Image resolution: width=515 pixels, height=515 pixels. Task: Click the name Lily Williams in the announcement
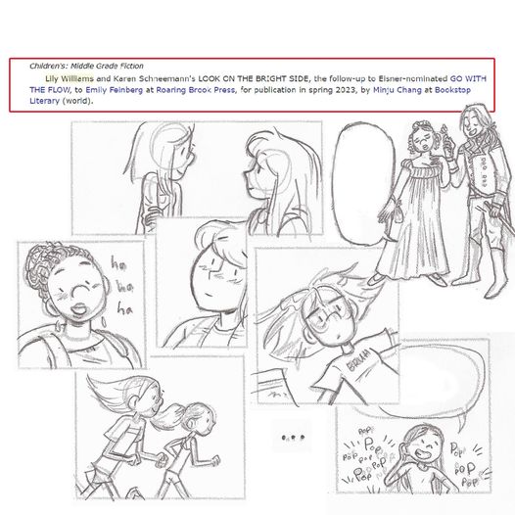coord(70,79)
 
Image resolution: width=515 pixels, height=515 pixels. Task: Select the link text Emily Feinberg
coord(114,90)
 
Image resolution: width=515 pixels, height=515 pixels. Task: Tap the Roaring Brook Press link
coord(196,90)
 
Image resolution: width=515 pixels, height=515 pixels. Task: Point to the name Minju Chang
coord(397,90)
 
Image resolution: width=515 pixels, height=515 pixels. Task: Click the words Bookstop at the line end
coord(452,90)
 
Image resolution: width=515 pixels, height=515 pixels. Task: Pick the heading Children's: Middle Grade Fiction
coord(86,66)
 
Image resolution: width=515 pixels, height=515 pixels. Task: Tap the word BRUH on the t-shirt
coord(358,360)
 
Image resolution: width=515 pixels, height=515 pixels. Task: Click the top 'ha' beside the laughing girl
coord(118,263)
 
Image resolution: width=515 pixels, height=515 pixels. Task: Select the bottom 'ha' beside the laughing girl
coord(124,309)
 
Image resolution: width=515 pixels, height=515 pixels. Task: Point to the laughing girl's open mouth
coord(78,309)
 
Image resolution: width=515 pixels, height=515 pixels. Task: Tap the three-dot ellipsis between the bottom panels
coord(293,438)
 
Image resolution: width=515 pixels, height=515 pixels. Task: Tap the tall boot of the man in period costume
coord(495,272)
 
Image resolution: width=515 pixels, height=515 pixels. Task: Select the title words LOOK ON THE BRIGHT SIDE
coord(254,79)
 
